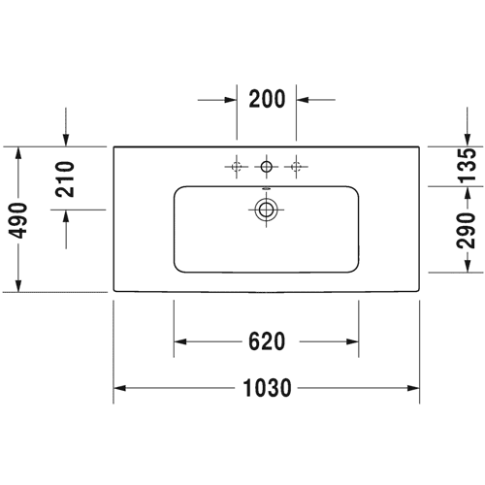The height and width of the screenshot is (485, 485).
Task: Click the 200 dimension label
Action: click(x=267, y=99)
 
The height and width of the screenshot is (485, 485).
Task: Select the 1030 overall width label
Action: click(x=267, y=388)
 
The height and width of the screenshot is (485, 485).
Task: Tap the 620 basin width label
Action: click(x=267, y=341)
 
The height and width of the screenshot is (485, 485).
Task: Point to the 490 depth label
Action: click(x=17, y=220)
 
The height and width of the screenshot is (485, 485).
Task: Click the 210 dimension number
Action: click(x=65, y=178)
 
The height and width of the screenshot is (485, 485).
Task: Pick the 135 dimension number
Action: click(x=467, y=165)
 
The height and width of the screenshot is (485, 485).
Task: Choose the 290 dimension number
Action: click(x=467, y=230)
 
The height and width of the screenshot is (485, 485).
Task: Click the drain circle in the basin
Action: click(x=266, y=210)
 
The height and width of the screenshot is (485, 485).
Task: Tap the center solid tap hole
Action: click(x=267, y=167)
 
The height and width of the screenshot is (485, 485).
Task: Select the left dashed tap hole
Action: click(x=237, y=167)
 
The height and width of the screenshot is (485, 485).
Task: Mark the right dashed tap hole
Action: click(x=296, y=167)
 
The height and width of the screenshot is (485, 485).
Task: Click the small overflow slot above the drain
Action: click(x=266, y=187)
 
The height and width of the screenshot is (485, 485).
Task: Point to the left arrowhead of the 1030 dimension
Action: click(x=119, y=388)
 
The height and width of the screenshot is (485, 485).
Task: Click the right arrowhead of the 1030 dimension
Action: click(x=413, y=388)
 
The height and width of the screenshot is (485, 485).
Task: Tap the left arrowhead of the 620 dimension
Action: click(x=180, y=341)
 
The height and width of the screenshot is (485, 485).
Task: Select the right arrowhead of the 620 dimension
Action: click(x=352, y=341)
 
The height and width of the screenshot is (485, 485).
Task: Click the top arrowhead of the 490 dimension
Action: click(x=18, y=153)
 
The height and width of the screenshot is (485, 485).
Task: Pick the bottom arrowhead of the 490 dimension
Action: click(x=18, y=286)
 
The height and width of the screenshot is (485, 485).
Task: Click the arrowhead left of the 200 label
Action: click(x=231, y=100)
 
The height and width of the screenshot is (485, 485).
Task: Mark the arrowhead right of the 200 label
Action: click(x=303, y=100)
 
